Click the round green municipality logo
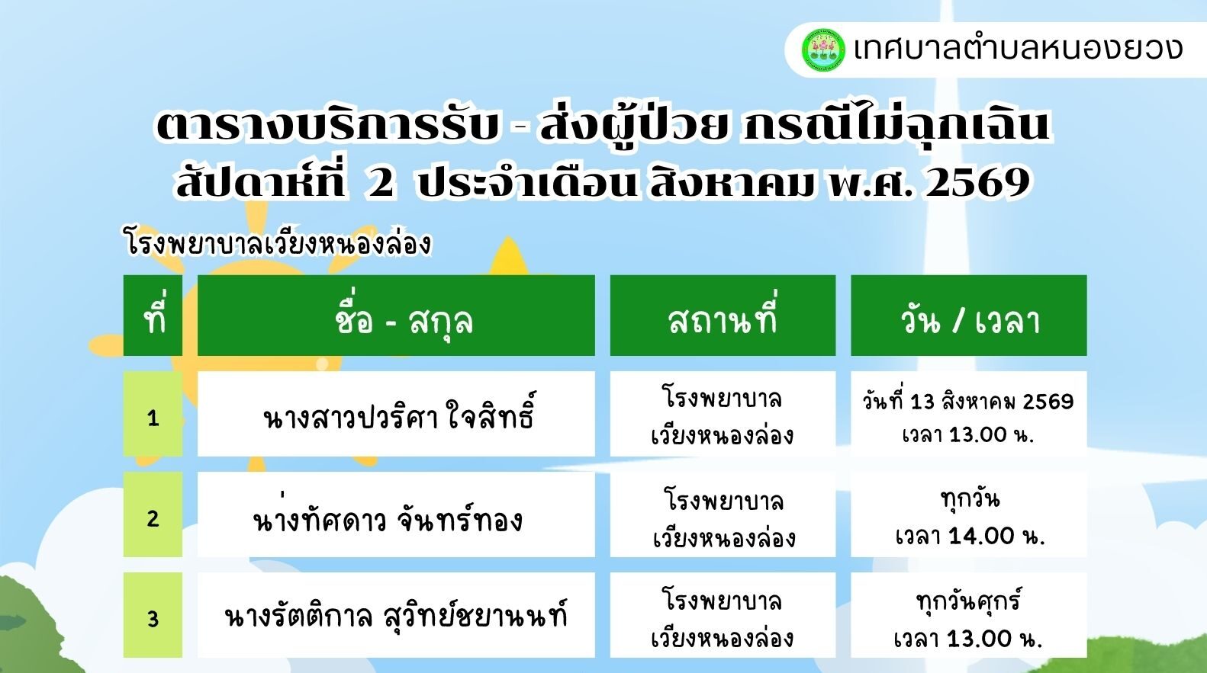click(x=822, y=50)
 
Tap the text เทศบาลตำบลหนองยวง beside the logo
click(x=1018, y=50)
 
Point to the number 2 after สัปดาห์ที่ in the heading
click(x=381, y=183)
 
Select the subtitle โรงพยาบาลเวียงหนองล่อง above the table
click(x=278, y=243)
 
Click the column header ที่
click(x=153, y=316)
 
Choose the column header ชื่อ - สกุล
click(x=396, y=316)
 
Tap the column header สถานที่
click(x=723, y=316)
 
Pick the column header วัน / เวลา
click(x=969, y=316)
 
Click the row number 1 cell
click(x=153, y=414)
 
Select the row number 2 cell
click(x=153, y=514)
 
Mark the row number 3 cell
click(x=153, y=615)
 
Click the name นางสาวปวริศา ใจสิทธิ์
click(x=399, y=415)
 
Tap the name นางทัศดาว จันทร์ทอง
click(x=388, y=516)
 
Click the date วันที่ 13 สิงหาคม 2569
click(x=968, y=401)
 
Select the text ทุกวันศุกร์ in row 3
click(x=969, y=601)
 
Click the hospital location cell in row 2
click(x=723, y=514)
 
